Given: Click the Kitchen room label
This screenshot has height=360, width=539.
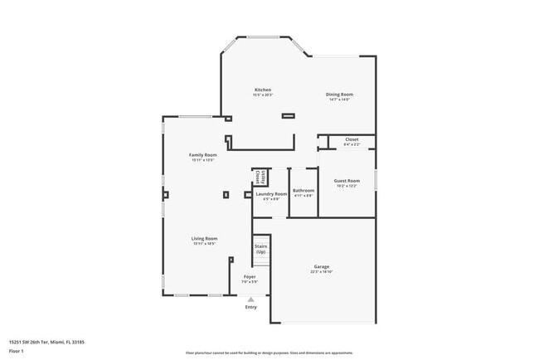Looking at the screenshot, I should [263, 90].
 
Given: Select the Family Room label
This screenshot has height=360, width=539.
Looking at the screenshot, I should [203, 155].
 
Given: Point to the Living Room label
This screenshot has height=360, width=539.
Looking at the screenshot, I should [204, 238].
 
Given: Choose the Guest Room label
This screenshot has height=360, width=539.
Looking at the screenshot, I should [347, 180].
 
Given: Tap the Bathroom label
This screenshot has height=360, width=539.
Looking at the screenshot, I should [303, 190].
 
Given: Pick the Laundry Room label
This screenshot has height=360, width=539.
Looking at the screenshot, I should [271, 193].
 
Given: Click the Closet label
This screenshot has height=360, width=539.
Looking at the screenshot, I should [352, 139].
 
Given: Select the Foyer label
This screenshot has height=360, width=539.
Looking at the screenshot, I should [250, 276].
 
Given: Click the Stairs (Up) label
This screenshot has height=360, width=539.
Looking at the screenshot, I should [260, 249].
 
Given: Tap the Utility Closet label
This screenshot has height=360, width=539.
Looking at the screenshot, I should [260, 176].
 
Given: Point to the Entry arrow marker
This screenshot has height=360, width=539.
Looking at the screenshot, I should [250, 299].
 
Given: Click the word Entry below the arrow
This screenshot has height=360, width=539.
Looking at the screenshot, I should [250, 308].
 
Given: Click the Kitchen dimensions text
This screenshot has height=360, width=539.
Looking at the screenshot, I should [263, 95].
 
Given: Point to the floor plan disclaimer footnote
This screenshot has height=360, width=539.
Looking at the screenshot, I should [269, 353].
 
